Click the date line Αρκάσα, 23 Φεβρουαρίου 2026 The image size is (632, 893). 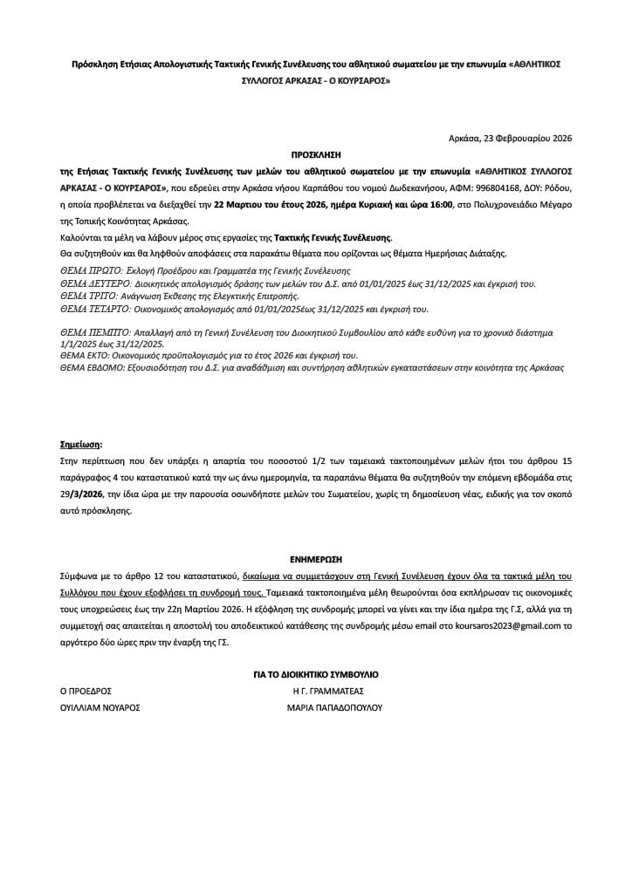click(509, 138)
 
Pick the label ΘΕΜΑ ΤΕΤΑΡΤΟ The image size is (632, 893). click(93, 309)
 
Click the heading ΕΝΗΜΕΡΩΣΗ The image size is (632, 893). click(315, 559)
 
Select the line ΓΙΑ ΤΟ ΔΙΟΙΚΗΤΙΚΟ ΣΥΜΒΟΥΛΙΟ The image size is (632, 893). click(315, 674)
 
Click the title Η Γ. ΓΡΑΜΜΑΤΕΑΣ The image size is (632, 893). click(327, 690)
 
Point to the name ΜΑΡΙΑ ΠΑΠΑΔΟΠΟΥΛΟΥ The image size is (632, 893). click(334, 708)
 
